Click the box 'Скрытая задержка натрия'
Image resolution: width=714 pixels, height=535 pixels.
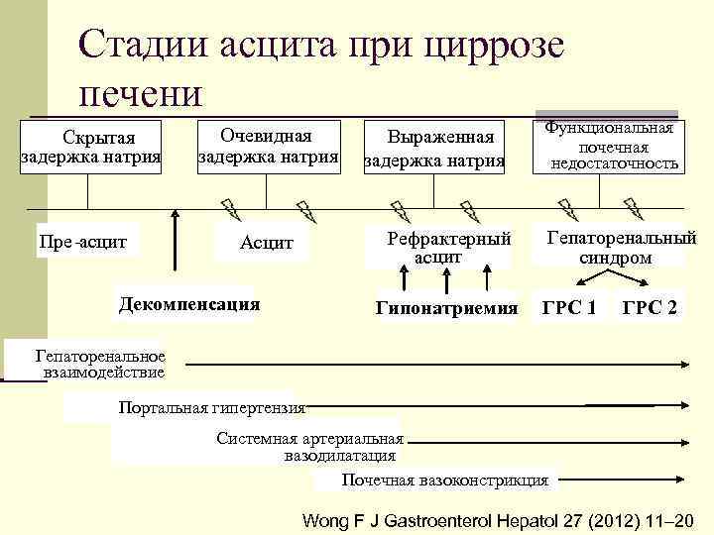(91, 147)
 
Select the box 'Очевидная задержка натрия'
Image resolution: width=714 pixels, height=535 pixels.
(268, 146)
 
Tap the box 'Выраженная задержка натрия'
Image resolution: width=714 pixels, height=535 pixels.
(434, 148)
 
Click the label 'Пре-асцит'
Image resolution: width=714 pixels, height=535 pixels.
(88, 240)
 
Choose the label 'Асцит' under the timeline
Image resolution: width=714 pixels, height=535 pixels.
(267, 244)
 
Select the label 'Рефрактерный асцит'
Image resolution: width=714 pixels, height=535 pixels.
(437, 248)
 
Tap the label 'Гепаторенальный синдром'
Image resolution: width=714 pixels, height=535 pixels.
(622, 247)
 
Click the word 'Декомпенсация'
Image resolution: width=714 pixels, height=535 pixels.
(188, 304)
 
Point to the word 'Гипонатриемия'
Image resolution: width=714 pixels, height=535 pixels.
(447, 309)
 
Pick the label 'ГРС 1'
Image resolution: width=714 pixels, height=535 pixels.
(569, 309)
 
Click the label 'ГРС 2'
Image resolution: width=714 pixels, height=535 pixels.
(650, 309)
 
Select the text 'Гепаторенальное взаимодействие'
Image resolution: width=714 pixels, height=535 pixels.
(99, 365)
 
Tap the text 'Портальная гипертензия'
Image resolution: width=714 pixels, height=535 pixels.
(211, 406)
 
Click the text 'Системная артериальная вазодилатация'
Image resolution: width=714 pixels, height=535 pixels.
(310, 448)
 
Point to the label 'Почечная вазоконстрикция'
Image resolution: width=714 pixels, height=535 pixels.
(444, 481)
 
